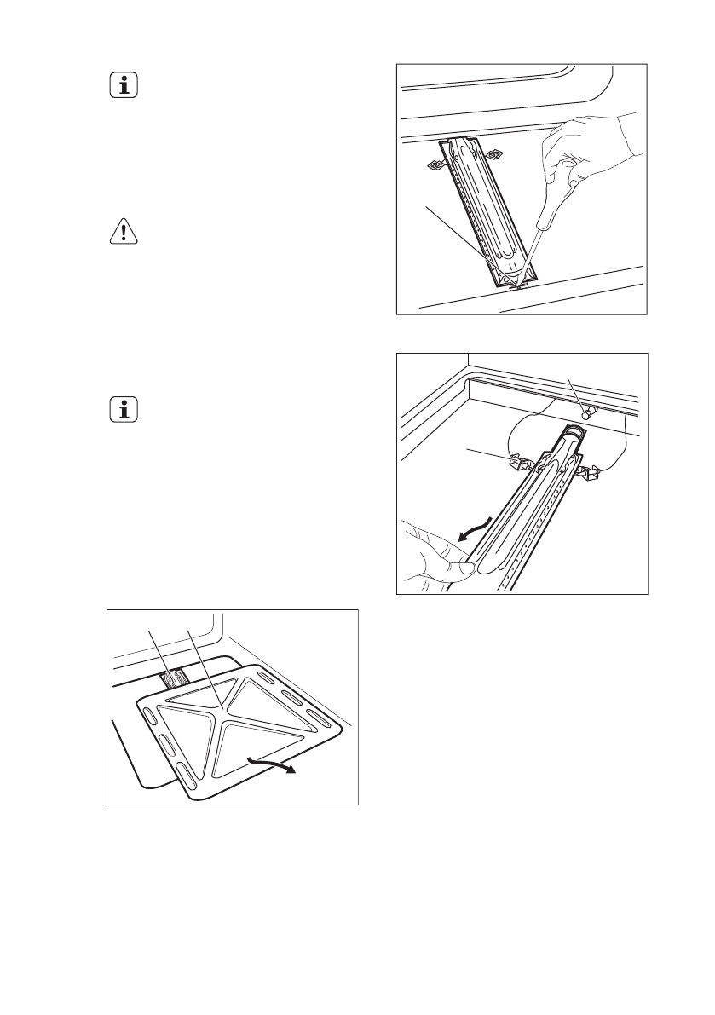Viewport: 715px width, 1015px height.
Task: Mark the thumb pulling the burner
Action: (452, 563)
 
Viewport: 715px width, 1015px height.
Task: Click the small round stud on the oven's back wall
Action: (587, 412)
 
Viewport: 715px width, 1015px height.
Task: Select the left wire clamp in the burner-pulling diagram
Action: (518, 463)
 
